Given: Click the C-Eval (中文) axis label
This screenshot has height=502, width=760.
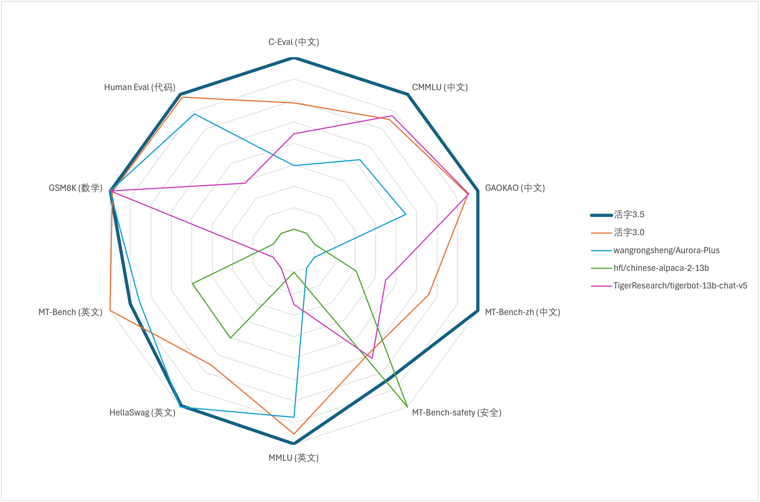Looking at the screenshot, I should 294,42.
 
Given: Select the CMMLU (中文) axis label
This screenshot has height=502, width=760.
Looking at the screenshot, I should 440,87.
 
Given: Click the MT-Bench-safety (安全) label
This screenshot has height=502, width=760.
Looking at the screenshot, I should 456,412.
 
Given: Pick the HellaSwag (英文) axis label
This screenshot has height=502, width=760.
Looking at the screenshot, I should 142,412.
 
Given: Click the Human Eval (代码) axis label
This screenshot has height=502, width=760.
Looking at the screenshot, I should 140,87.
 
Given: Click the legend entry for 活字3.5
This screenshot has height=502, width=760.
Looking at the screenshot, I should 629,215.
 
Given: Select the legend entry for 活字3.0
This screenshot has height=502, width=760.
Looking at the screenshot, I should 629,232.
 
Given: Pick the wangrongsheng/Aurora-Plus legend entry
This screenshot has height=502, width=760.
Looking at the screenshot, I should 666,250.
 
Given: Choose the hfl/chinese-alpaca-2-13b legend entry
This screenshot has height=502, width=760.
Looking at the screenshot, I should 661,268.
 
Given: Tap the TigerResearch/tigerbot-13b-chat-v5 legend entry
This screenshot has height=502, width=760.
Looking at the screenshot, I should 680,286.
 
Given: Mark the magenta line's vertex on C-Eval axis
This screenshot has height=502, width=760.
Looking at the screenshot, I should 294,134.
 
